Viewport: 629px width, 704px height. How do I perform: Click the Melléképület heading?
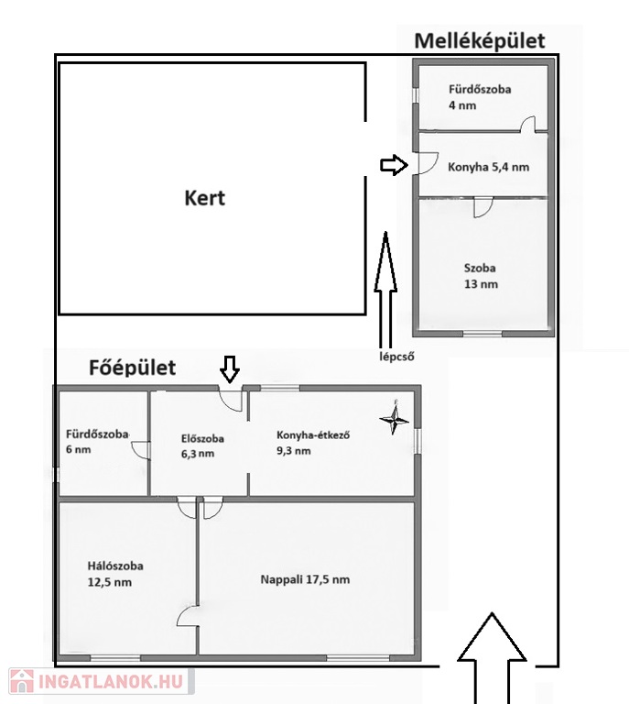tap(479, 41)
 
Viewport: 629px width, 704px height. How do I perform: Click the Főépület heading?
tap(132, 368)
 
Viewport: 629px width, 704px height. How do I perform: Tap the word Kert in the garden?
tap(204, 197)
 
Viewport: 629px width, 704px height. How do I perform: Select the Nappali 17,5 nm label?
tap(305, 579)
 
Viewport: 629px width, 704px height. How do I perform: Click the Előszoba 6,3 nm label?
tap(198, 445)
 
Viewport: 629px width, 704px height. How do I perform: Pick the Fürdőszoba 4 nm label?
tap(480, 97)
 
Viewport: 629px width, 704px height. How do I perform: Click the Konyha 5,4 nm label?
tap(488, 168)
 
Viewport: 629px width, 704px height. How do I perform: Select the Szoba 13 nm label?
tap(480, 276)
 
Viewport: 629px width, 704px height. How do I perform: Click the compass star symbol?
tap(395, 419)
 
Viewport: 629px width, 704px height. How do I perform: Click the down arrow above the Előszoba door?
tap(230, 368)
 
